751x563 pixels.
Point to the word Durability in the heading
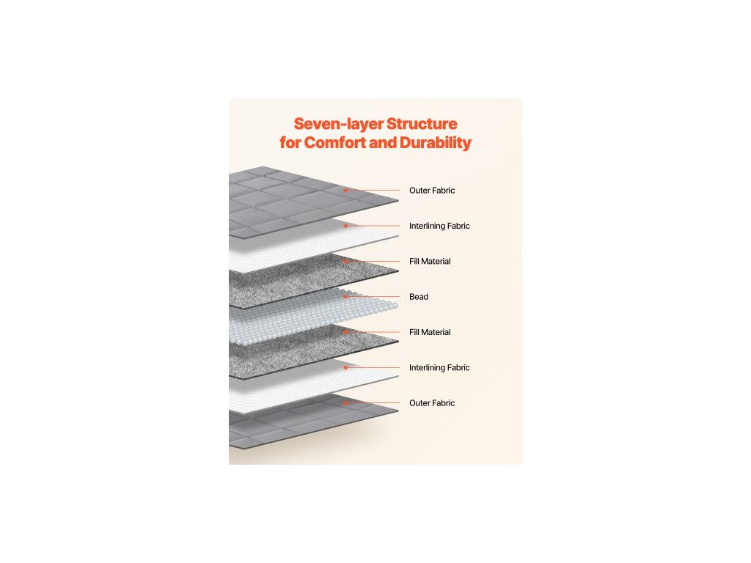click(435, 142)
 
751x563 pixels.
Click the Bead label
click(419, 297)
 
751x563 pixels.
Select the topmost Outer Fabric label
click(432, 191)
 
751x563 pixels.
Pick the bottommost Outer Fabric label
click(432, 403)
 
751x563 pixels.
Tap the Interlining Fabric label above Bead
click(439, 226)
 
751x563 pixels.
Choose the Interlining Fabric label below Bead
click(439, 367)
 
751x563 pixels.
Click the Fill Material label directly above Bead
click(430, 261)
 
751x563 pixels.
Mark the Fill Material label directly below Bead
click(430, 332)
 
